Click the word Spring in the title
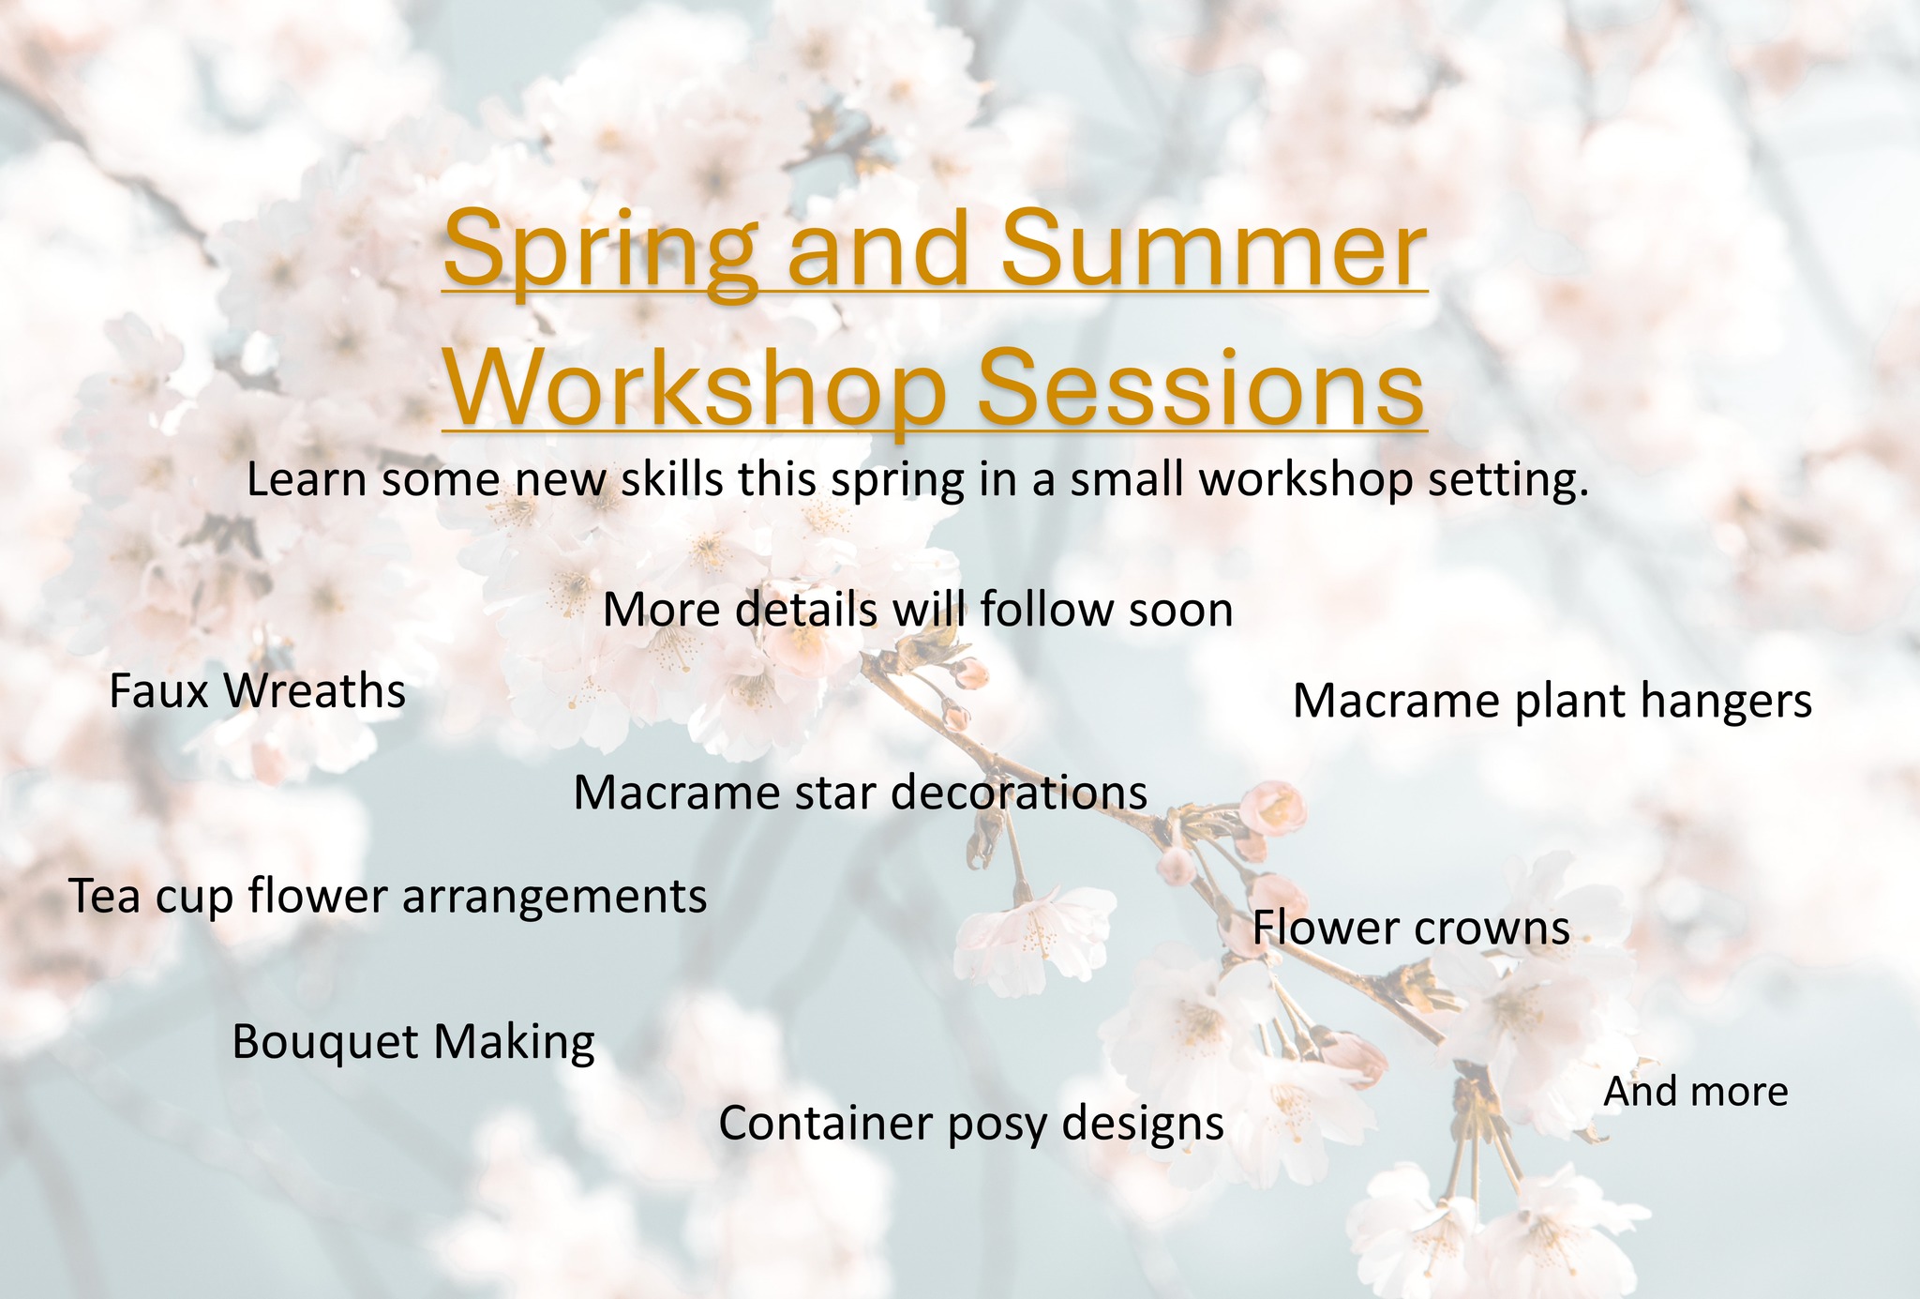pos(600,251)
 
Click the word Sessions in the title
pos(1200,386)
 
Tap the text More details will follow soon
pos(917,611)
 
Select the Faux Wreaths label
pos(257,692)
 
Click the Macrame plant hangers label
pos(1552,702)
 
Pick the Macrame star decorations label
pos(860,793)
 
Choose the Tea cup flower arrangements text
pos(388,897)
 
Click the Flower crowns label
pos(1411,929)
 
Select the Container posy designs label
pos(970,1124)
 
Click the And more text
pos(1695,1092)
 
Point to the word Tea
pos(105,897)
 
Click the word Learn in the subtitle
pos(305,480)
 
